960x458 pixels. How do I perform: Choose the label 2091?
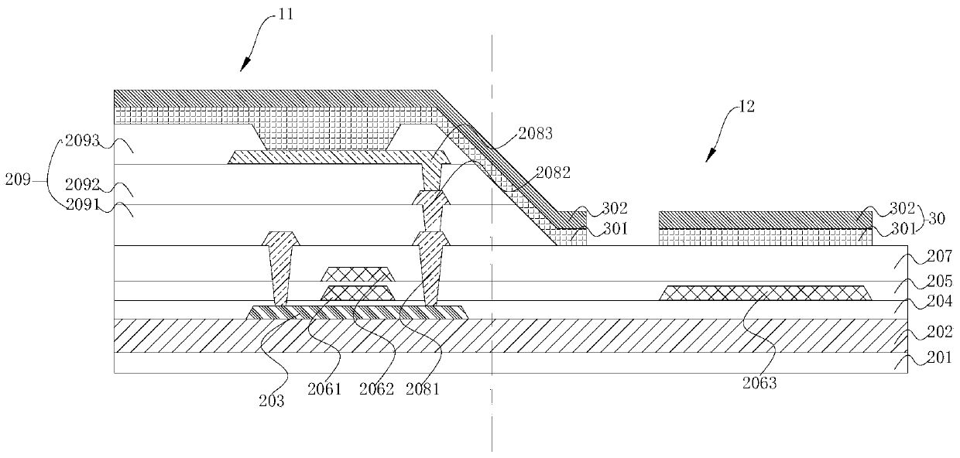point(82,207)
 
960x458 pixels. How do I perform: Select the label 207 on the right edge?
point(939,256)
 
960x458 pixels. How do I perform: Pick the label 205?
point(939,282)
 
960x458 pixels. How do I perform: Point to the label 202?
point(939,334)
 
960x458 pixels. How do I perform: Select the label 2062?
point(375,389)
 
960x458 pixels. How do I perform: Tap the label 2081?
point(422,389)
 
